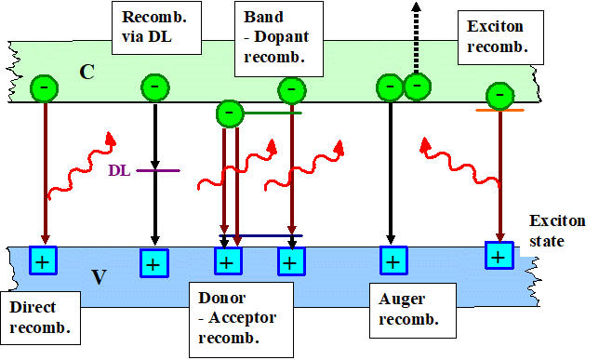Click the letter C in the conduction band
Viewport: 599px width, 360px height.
point(87,69)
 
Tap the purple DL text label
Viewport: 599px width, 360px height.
point(119,170)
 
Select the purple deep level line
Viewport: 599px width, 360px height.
point(158,170)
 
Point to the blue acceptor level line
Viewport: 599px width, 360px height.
point(260,236)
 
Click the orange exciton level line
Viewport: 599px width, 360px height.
point(499,111)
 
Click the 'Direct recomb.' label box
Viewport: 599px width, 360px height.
point(40,315)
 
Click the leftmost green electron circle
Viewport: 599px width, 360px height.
point(45,88)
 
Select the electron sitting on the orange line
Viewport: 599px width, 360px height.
point(500,95)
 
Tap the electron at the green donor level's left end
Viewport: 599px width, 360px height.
point(230,113)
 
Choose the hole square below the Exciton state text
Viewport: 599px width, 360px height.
point(499,255)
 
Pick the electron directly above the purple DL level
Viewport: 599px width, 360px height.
point(154,88)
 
